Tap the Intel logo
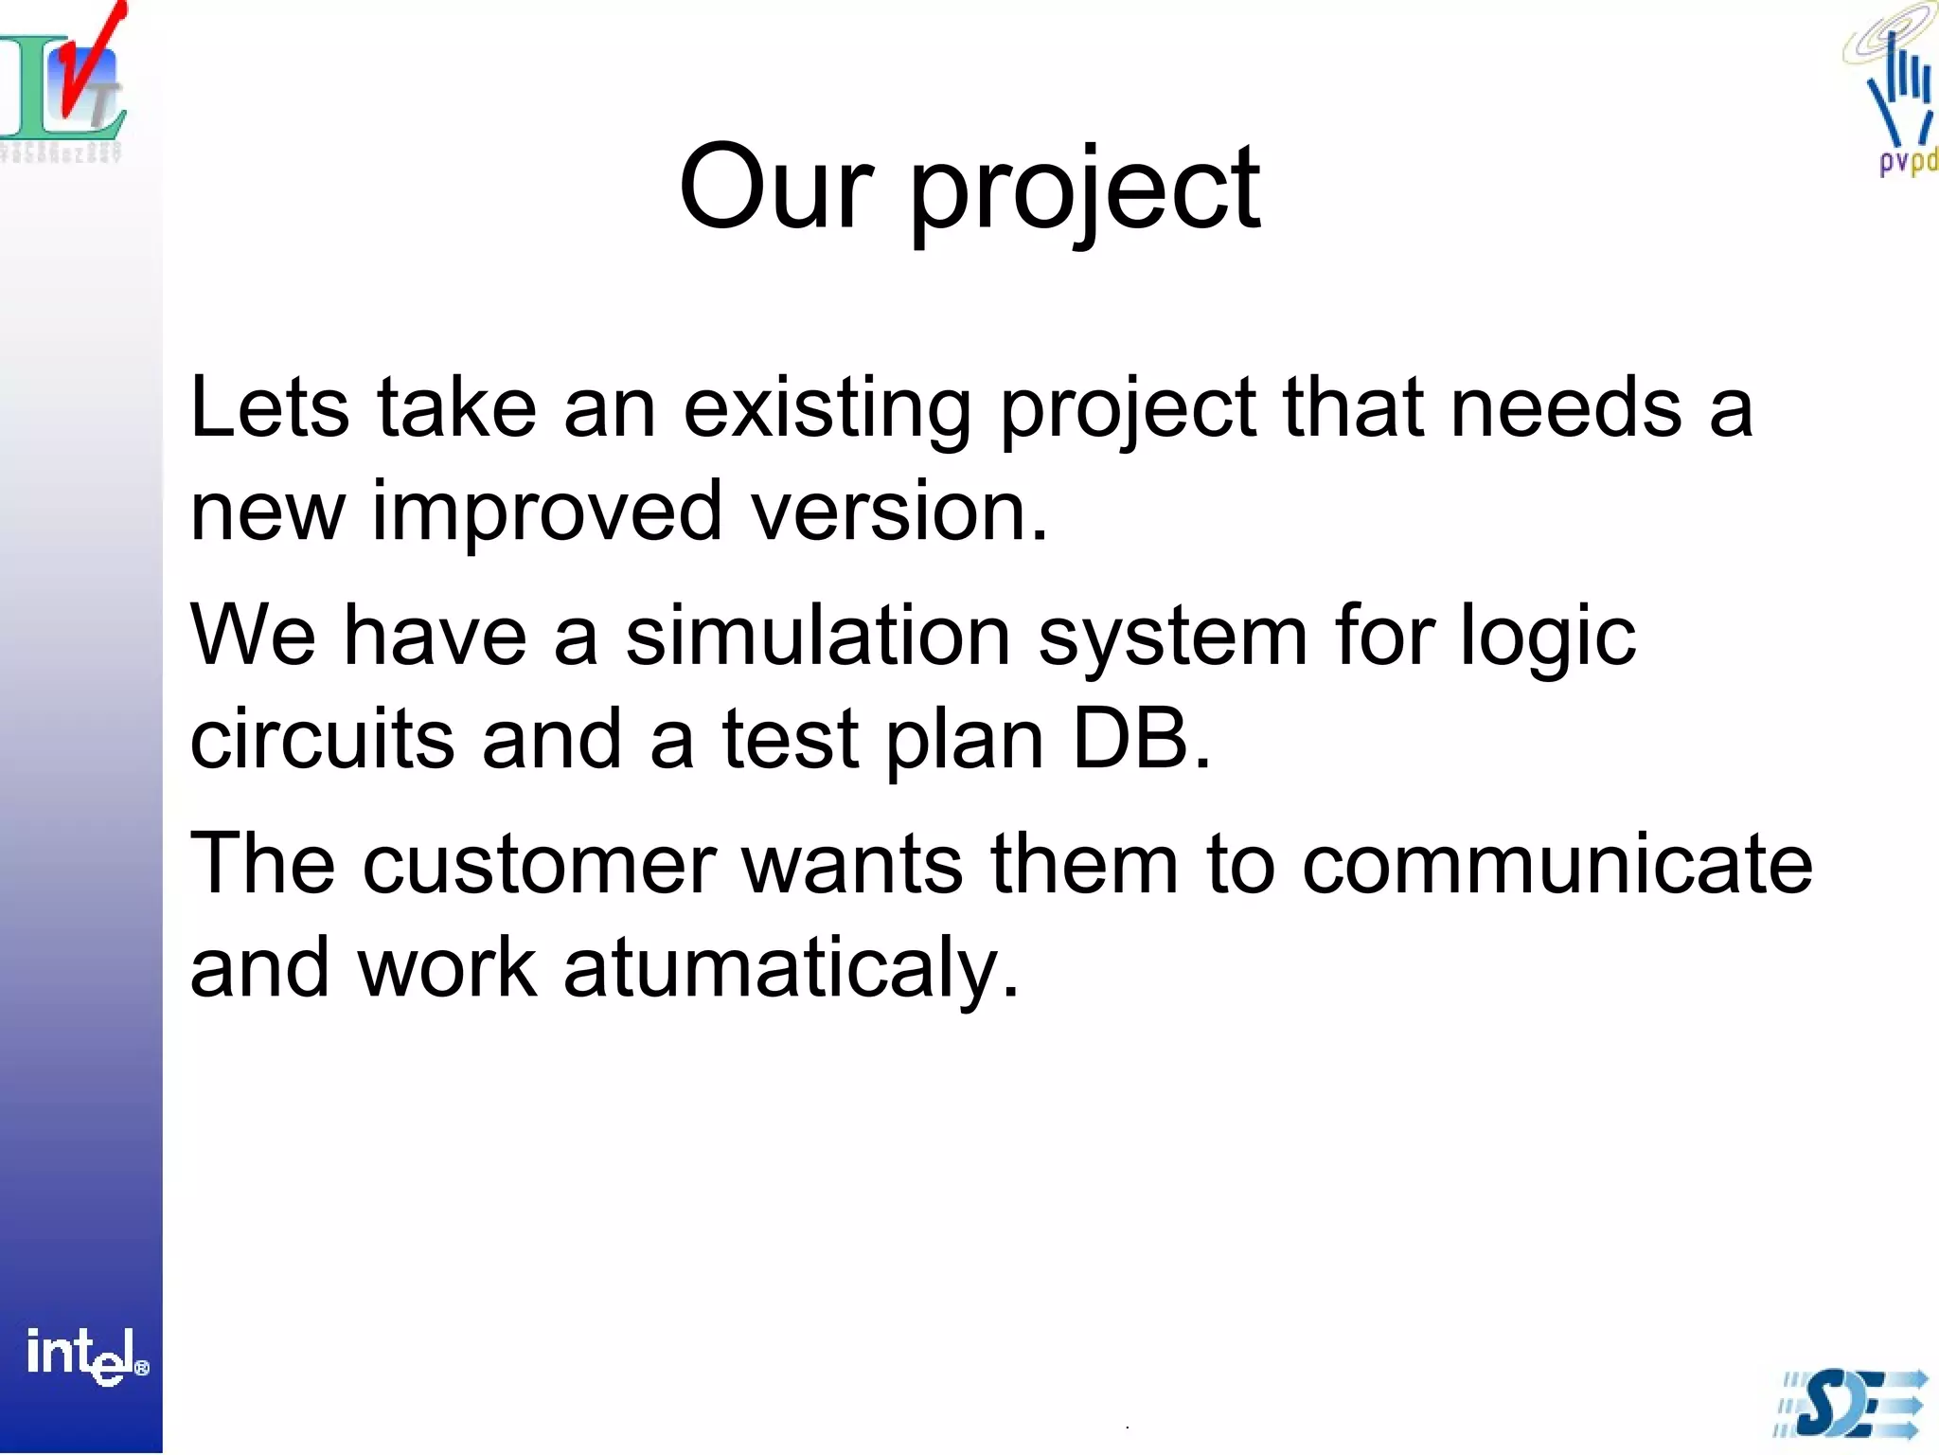pyautogui.click(x=85, y=1356)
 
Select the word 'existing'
pyautogui.click(x=827, y=410)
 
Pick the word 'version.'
pyautogui.click(x=899, y=512)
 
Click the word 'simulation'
pyautogui.click(x=818, y=636)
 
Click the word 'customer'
pyautogui.click(x=539, y=865)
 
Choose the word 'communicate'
pyautogui.click(x=1557, y=865)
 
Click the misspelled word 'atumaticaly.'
pyautogui.click(x=792, y=969)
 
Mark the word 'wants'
pyautogui.click(x=852, y=865)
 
